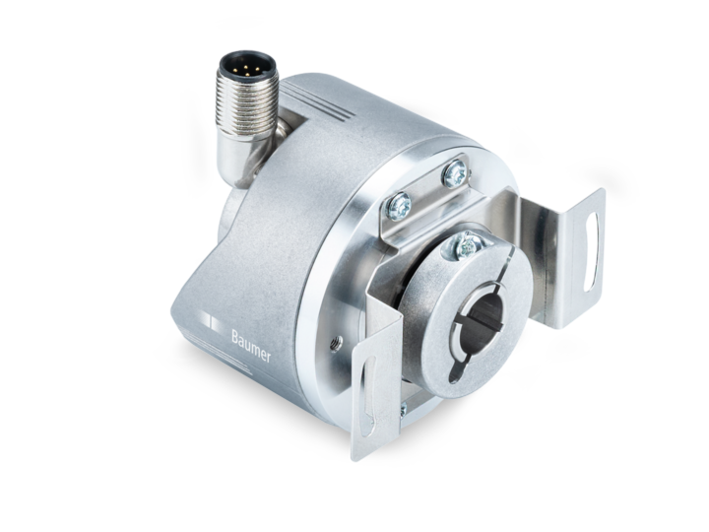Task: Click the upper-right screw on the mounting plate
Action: coord(454,175)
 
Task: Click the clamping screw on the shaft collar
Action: coord(467,246)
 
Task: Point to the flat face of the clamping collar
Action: coord(433,325)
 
